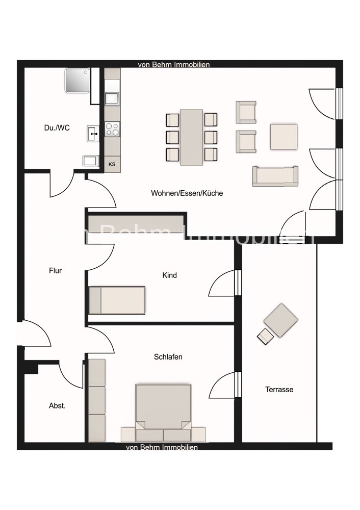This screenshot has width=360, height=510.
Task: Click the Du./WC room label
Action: (57, 128)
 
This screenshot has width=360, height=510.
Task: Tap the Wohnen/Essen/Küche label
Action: (187, 193)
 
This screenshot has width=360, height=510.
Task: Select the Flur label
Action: (55, 271)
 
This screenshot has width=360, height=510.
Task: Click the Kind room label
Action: (169, 275)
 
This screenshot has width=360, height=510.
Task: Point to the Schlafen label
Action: (168, 357)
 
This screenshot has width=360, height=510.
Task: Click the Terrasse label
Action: (279, 390)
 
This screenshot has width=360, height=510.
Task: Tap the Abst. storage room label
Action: (57, 406)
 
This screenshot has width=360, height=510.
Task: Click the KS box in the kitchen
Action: (112, 164)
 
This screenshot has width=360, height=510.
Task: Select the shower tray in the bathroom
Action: (77, 80)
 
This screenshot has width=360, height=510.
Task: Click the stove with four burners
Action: (112, 129)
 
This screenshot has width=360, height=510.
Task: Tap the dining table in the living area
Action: (191, 137)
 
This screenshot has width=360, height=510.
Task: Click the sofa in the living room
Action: (275, 176)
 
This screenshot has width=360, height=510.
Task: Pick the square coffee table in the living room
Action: (284, 136)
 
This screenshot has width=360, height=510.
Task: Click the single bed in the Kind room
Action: (117, 300)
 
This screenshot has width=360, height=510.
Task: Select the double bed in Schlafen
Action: (163, 408)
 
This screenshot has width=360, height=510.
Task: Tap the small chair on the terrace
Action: (265, 337)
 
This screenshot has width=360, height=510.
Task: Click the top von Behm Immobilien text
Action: (174, 65)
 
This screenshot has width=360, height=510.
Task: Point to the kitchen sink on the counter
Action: (112, 98)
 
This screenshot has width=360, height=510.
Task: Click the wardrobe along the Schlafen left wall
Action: (96, 400)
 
